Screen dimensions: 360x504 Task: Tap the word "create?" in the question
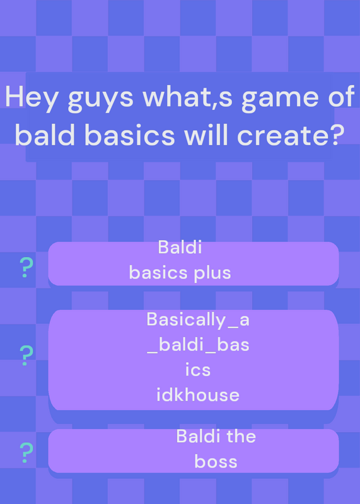point(289,135)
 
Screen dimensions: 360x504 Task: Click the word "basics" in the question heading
point(130,134)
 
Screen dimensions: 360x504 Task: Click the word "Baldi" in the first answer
point(180,248)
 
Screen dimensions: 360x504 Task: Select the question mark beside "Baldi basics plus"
point(26,268)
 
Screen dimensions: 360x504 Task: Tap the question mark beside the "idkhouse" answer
point(26,355)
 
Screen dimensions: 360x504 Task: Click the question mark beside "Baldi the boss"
point(26,452)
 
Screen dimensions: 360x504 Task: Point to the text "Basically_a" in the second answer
point(198,320)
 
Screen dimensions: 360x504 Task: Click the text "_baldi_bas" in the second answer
point(198,345)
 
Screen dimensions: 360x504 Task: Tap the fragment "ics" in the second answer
point(198,370)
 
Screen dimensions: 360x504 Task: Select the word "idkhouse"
point(198,395)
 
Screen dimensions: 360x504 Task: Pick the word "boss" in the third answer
point(216,462)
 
